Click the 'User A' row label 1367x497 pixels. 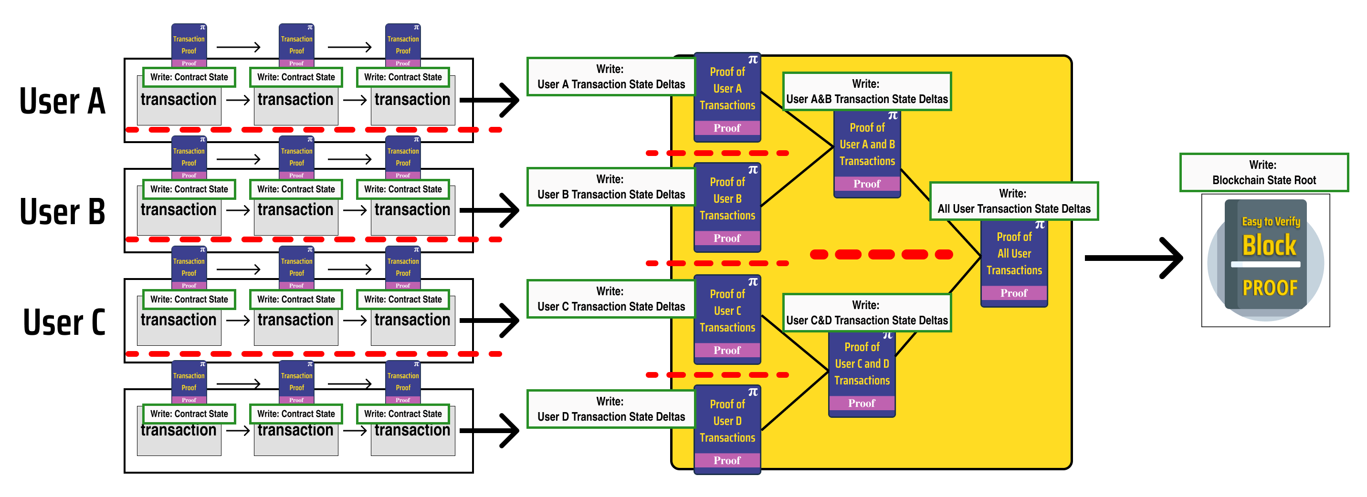click(62, 101)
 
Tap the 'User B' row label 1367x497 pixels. click(62, 211)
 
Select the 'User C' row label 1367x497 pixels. click(64, 321)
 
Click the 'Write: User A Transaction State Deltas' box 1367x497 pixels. click(610, 77)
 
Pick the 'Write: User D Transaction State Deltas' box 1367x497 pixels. click(610, 409)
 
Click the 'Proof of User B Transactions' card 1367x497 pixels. click(727, 207)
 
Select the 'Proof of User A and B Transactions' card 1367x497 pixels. click(867, 154)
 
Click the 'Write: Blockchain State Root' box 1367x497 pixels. click(1263, 172)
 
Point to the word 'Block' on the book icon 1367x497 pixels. click(1269, 245)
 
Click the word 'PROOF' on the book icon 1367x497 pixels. click(1269, 288)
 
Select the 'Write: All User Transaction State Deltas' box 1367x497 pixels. click(1014, 201)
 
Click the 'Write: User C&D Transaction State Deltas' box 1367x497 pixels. click(867, 313)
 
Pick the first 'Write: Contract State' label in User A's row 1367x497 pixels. click(189, 77)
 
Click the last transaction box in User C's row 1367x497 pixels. click(412, 326)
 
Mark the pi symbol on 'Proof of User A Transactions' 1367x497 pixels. click(753, 60)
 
